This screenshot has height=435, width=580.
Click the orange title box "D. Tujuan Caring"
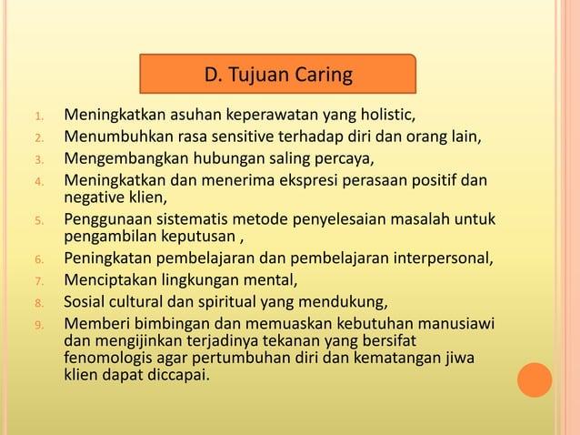[x=277, y=75]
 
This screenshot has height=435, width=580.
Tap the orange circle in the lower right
[x=535, y=379]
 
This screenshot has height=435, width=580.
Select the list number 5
[x=39, y=220]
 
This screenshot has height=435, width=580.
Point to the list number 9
[x=39, y=324]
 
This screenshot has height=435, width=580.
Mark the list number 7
[x=39, y=280]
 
